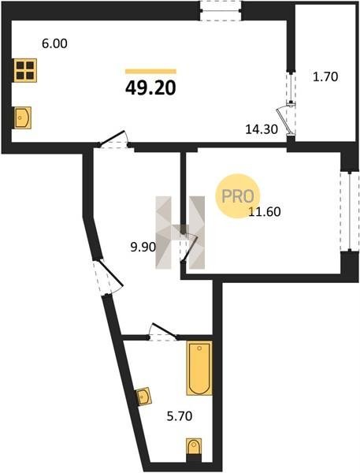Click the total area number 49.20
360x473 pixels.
[x=150, y=88]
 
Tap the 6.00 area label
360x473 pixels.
[x=54, y=44]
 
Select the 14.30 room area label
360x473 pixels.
[x=262, y=130]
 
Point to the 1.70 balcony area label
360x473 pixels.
[x=325, y=77]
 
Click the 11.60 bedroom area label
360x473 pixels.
[x=265, y=212]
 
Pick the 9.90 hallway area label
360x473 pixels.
[x=143, y=248]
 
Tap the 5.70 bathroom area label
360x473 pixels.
[x=180, y=416]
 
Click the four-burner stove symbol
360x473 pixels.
[x=25, y=70]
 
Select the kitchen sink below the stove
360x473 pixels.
[x=23, y=117]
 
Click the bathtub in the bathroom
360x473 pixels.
[x=199, y=368]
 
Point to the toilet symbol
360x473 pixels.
[x=194, y=447]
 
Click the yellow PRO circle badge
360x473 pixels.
[x=238, y=196]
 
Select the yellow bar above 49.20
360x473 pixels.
[x=150, y=72]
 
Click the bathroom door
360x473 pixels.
[x=163, y=333]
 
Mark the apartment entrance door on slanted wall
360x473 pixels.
[x=108, y=276]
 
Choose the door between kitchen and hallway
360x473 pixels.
[x=114, y=140]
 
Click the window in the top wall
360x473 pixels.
[x=221, y=11]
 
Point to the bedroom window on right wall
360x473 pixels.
[x=350, y=211]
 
